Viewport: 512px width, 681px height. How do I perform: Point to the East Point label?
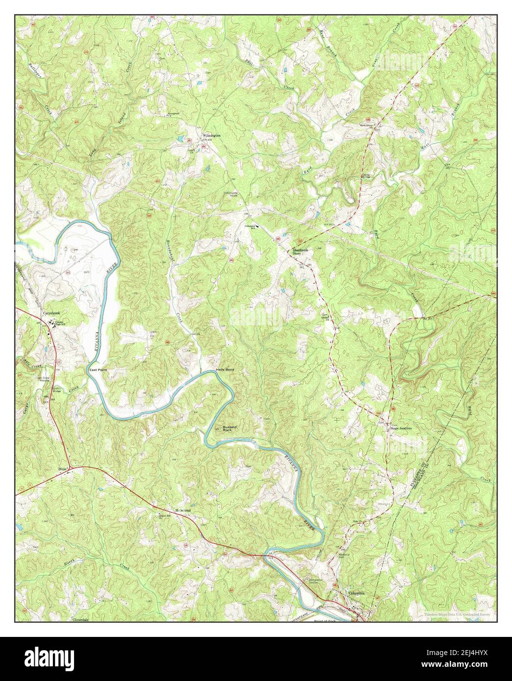[x=98, y=370]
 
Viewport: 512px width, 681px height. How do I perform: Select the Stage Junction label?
[x=401, y=428]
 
